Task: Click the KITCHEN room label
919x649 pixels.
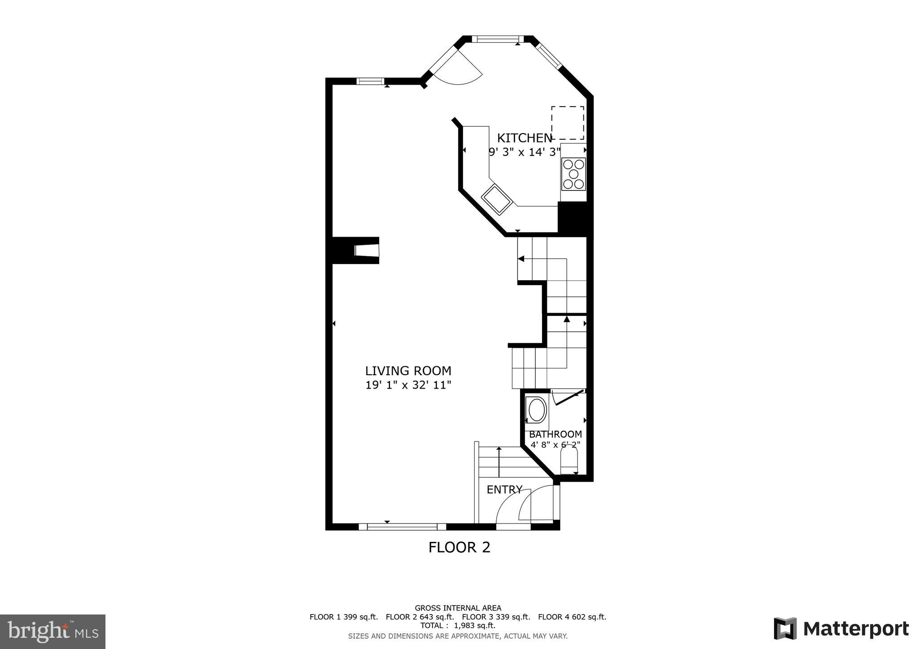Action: click(x=524, y=138)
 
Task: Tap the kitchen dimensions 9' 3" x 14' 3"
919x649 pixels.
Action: click(x=524, y=152)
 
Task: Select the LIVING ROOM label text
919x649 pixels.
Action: click(x=408, y=371)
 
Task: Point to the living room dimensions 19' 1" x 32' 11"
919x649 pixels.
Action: click(x=408, y=385)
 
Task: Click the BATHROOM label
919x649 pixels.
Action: click(x=555, y=434)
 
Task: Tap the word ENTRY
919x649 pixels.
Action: click(x=504, y=490)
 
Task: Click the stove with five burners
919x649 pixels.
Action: click(x=573, y=174)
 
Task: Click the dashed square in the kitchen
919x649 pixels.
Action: click(x=567, y=123)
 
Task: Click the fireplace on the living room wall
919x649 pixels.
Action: click(x=366, y=250)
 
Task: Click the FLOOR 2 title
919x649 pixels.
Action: click(x=459, y=547)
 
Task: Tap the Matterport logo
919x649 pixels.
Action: click(x=841, y=629)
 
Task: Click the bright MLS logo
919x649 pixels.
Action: click(x=53, y=632)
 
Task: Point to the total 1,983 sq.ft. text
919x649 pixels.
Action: click(x=457, y=626)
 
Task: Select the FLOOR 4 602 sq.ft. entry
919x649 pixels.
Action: click(x=572, y=617)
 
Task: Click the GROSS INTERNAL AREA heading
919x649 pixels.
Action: click(x=458, y=608)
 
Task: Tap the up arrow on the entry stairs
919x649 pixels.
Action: click(x=499, y=462)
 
